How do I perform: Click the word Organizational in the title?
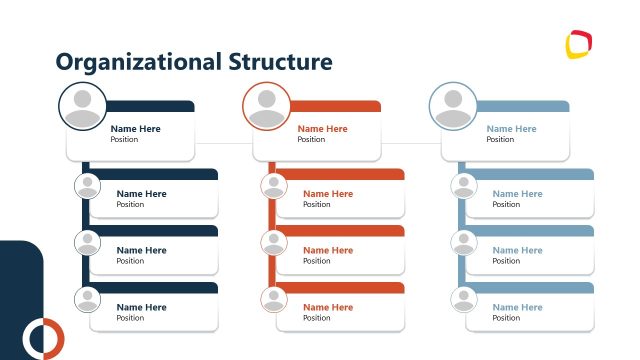134,63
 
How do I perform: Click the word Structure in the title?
273,62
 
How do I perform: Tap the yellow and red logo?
578,46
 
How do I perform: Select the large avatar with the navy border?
83,106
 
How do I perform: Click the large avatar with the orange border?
267,106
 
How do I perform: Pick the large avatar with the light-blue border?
453,106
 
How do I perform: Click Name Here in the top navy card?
135,129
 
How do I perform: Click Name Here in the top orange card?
322,129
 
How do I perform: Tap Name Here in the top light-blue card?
511,129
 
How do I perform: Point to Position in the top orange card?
311,140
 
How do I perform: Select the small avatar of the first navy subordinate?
88,186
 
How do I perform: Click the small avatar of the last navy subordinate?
88,299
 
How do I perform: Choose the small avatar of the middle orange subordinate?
274,242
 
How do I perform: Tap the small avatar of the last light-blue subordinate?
463,299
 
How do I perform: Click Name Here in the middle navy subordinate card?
141,250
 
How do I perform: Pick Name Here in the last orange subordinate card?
328,307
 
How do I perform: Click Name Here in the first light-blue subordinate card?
517,194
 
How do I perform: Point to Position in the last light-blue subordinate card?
506,318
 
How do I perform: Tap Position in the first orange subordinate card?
317,205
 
